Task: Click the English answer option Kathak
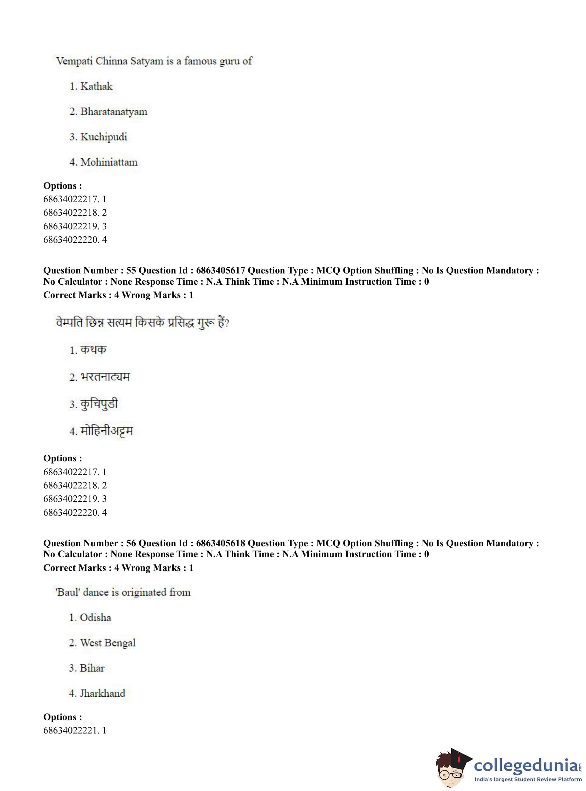(x=96, y=86)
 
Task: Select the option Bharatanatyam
(x=114, y=111)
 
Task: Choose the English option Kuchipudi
(x=104, y=137)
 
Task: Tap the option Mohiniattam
(x=109, y=162)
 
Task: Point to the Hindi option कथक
(x=93, y=350)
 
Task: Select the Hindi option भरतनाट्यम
(x=105, y=377)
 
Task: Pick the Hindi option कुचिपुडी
(x=99, y=404)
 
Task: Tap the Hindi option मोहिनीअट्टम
(x=106, y=431)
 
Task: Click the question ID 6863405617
(x=220, y=271)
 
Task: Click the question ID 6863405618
(x=220, y=543)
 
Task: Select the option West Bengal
(x=108, y=643)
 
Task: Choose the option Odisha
(x=95, y=618)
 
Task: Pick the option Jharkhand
(x=102, y=693)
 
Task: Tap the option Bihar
(x=92, y=668)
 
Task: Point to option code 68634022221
(x=71, y=731)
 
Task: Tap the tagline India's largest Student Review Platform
(x=528, y=779)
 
